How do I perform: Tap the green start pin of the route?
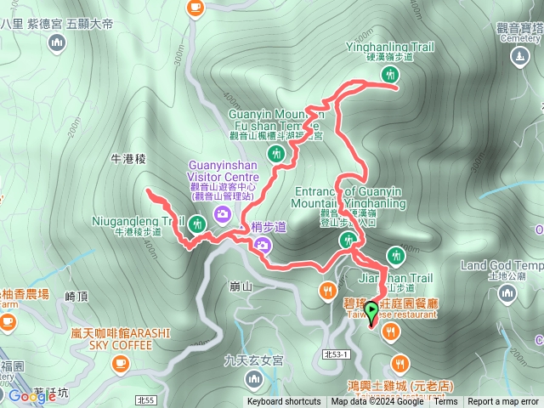371,320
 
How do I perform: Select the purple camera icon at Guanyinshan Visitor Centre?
222,213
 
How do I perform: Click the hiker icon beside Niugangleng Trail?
197,224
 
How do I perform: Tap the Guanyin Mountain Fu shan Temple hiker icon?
275,154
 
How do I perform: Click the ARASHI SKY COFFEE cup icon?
120,363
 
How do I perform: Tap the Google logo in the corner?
32,396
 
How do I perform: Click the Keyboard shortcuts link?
284,402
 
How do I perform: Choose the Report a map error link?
504,402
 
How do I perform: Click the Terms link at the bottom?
445,402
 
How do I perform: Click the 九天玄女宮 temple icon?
254,377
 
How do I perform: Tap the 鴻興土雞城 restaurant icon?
399,365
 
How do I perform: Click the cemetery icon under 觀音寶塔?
520,57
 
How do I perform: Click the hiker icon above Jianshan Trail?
395,254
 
